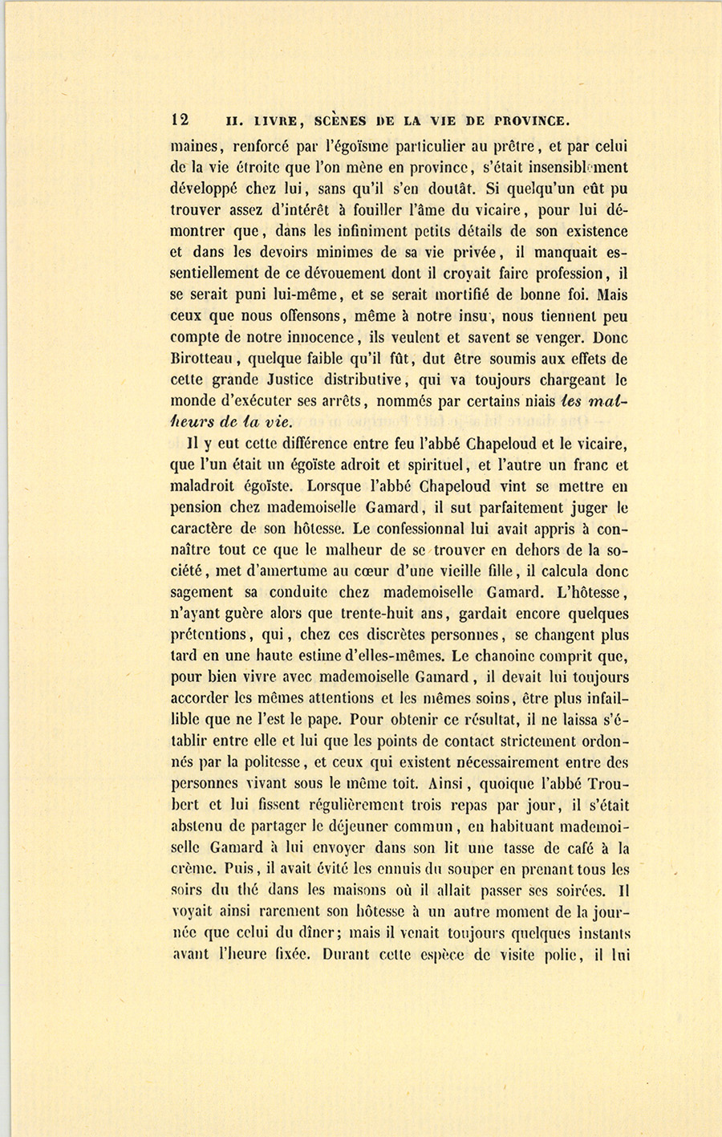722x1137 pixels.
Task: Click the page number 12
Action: [x=180, y=120]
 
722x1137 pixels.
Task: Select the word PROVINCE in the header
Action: [x=532, y=121]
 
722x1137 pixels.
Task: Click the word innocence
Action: [x=313, y=338]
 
